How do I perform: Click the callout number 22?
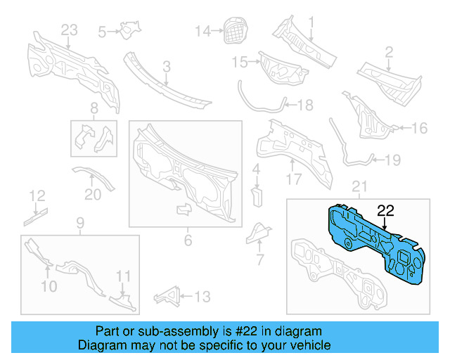(386, 210)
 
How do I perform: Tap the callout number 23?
(68, 30)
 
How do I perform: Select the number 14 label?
(202, 30)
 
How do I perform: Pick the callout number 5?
(102, 32)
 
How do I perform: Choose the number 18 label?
(304, 105)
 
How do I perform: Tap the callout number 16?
(419, 128)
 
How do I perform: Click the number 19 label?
(392, 160)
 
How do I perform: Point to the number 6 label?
(188, 240)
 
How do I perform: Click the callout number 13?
(202, 297)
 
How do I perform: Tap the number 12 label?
(37, 195)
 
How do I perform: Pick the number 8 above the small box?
(94, 108)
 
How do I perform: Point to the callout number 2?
(388, 51)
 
